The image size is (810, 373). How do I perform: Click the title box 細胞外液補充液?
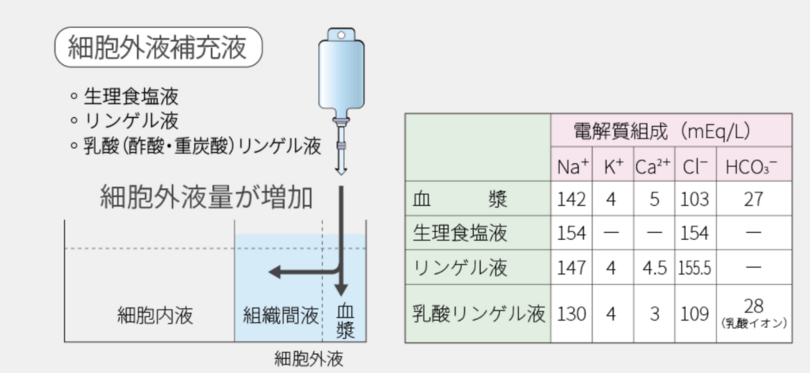pos(158,47)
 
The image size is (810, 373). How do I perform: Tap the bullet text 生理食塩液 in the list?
pos(131,97)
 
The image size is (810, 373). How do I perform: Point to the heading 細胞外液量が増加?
pos(206,198)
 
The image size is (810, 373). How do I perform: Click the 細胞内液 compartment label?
pos(155,315)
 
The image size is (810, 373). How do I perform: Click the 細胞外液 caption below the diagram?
pos(309,359)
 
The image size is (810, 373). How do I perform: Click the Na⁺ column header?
pos(572,166)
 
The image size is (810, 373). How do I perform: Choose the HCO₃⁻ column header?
pos(754,166)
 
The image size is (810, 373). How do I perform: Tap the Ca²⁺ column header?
pos(653,166)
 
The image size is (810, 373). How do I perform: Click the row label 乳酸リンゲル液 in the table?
pos(479,313)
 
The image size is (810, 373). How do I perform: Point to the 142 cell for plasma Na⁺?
pos(572,200)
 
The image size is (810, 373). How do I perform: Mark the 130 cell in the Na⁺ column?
pos(572,314)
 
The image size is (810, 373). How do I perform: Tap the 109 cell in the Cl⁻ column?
pos(695,314)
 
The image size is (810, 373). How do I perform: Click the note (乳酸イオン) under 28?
pos(754,324)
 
